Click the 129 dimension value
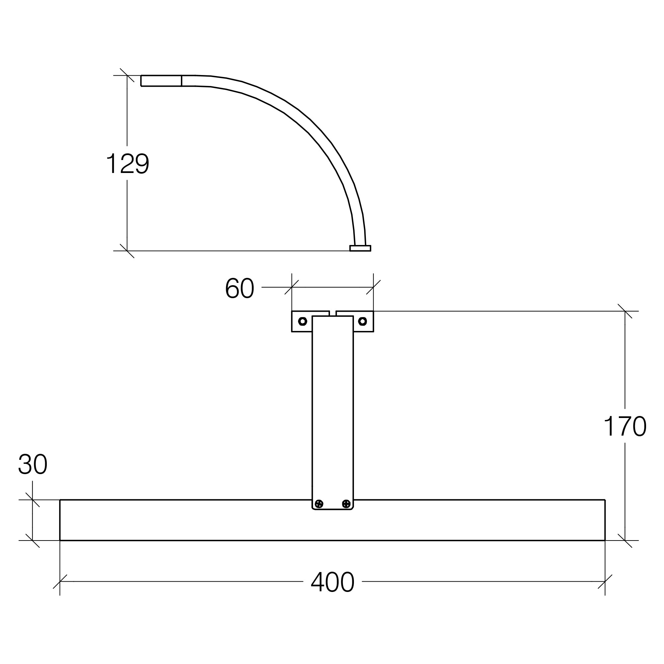click(x=127, y=164)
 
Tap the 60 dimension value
click(x=240, y=288)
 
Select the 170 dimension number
click(x=624, y=426)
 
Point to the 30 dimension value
click(x=33, y=464)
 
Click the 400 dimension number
click(x=332, y=582)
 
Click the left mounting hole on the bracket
click(x=302, y=321)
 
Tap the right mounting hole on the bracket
click(x=362, y=321)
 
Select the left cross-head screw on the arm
click(x=319, y=504)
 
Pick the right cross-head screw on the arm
click(x=346, y=504)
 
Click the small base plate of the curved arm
click(x=360, y=248)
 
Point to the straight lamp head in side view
click(x=161, y=81)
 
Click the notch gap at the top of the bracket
click(x=333, y=313)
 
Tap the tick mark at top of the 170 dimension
click(x=624, y=311)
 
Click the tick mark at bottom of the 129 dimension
click(x=127, y=251)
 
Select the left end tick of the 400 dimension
click(x=60, y=582)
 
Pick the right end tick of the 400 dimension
click(x=605, y=582)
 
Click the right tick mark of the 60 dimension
click(x=373, y=287)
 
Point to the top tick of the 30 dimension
click(x=32, y=500)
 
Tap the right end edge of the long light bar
click(x=605, y=520)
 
